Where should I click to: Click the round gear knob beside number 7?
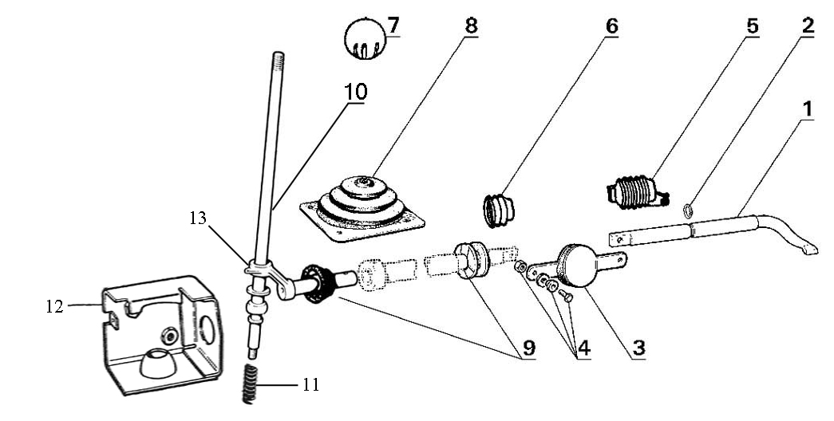point(364,39)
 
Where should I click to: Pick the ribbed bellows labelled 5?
point(634,192)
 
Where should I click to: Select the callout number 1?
point(808,109)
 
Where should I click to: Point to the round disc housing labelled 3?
point(582,265)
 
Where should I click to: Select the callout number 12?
point(54,305)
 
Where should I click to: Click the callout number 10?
point(356,92)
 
